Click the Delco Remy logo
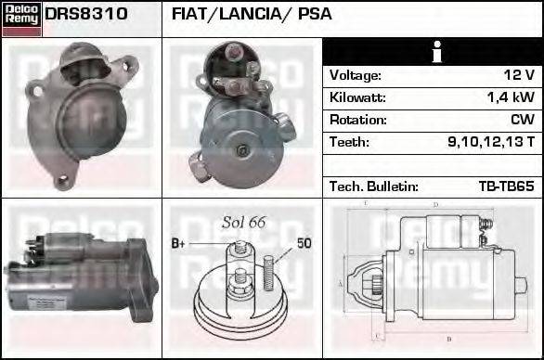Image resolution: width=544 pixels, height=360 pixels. [x=21, y=18]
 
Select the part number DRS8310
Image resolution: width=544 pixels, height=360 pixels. [x=86, y=15]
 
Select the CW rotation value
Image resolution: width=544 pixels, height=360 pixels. [x=522, y=120]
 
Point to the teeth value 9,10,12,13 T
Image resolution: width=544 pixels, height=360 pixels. [x=490, y=142]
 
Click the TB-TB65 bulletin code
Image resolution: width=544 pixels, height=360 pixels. [x=507, y=186]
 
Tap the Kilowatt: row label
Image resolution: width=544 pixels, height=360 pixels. [x=357, y=97]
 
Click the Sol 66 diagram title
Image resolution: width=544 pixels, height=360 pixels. [x=244, y=222]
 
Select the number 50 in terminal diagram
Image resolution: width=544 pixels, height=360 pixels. [x=304, y=243]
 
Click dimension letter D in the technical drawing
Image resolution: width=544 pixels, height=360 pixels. [x=435, y=204]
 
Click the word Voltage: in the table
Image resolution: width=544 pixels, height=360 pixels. [x=356, y=75]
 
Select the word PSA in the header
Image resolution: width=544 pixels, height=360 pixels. [x=315, y=15]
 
